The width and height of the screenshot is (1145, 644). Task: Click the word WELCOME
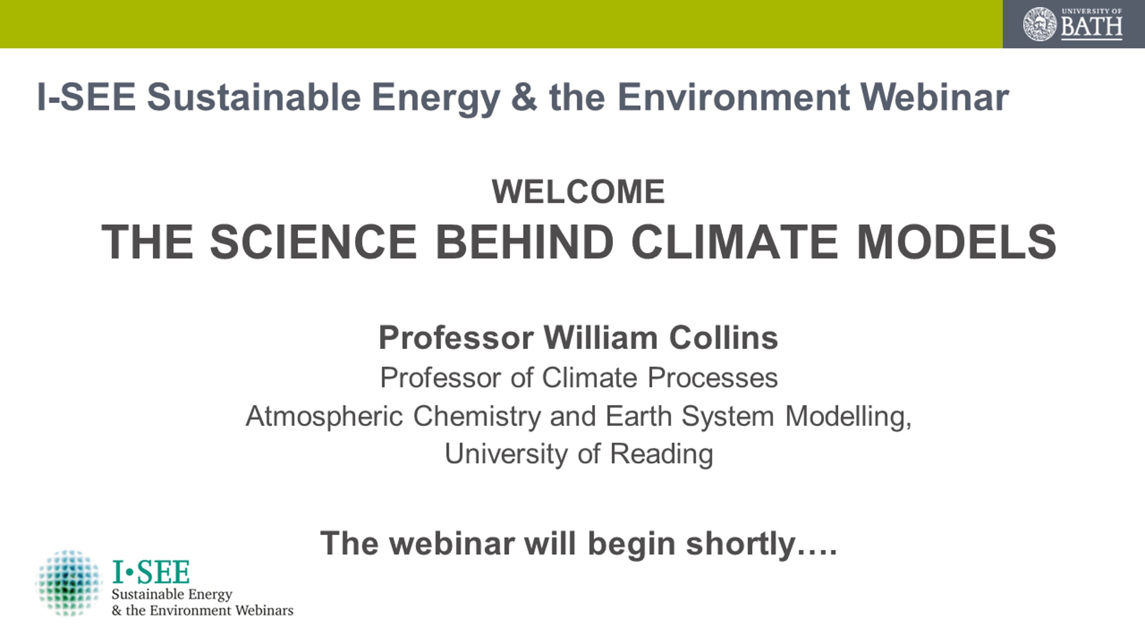578,192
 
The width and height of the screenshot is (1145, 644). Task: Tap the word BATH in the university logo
1092,27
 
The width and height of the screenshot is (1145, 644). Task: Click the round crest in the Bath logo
1040,24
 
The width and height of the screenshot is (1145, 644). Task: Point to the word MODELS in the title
957,242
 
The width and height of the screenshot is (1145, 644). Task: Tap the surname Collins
724,338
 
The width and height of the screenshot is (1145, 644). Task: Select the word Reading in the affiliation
662,454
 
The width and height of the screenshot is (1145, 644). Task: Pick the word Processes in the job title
713,378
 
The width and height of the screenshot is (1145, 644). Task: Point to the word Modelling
848,416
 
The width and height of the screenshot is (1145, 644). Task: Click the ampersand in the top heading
524,97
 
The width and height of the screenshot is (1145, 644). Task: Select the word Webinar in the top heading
935,97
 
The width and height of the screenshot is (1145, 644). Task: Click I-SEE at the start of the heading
86,97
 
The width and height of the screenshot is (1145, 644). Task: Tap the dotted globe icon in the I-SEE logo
69,583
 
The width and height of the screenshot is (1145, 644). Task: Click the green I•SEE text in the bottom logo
151,572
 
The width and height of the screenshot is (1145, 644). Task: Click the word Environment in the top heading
733,97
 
